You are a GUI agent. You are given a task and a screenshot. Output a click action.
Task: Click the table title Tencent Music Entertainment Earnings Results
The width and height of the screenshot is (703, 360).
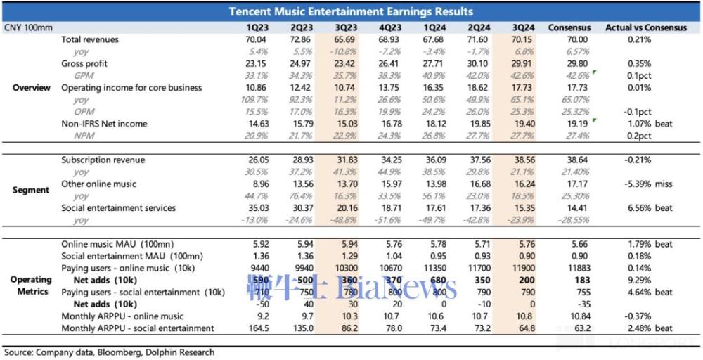pyautogui.click(x=351, y=11)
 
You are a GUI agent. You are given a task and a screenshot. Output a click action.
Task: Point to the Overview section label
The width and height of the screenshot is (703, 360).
pyautogui.click(x=32, y=88)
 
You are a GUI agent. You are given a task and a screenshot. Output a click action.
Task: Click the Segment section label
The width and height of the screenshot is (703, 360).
pyautogui.click(x=32, y=190)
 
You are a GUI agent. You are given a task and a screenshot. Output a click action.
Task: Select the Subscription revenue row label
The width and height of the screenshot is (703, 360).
pyautogui.click(x=103, y=160)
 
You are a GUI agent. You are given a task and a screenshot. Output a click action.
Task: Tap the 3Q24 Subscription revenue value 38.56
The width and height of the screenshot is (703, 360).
pyautogui.click(x=521, y=160)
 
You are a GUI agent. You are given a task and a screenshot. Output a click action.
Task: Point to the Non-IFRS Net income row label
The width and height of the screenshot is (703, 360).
pyautogui.click(x=104, y=124)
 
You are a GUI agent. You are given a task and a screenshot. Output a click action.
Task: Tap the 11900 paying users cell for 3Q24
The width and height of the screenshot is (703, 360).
pyautogui.click(x=521, y=269)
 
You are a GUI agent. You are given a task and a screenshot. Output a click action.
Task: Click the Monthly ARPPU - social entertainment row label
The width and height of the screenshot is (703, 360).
pyautogui.click(x=137, y=328)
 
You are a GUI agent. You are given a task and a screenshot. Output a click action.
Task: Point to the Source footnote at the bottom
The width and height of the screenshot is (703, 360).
pyautogui.click(x=109, y=352)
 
